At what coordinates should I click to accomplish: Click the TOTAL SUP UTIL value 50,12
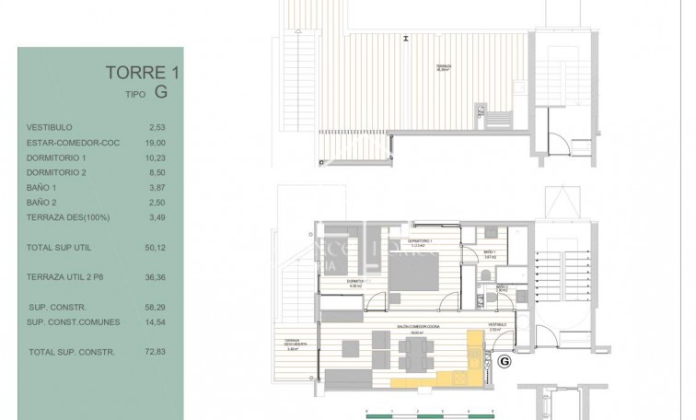[x=155, y=248]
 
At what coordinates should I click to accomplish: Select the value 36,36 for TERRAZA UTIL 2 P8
[x=155, y=275]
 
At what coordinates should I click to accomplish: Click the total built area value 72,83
[x=155, y=352]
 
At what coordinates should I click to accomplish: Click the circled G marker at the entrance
[x=504, y=362]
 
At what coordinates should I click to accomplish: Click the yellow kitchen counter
[x=433, y=380]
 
